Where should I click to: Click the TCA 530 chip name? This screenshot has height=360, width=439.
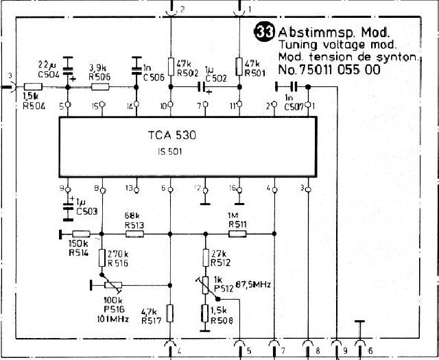[x=171, y=136]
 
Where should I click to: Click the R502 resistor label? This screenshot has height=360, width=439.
[x=187, y=73]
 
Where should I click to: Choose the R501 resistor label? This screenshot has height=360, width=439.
[x=255, y=73]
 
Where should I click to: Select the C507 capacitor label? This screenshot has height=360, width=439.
[x=292, y=107]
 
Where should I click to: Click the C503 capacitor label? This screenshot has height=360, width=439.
[x=86, y=212]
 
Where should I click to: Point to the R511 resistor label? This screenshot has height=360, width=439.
[x=237, y=224]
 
